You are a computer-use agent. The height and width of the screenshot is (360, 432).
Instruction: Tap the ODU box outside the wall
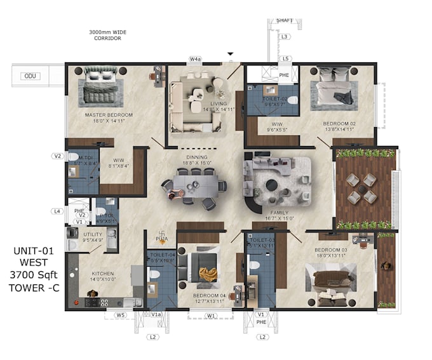coord(29,76)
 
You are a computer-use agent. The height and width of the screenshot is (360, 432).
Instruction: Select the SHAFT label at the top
coord(285,21)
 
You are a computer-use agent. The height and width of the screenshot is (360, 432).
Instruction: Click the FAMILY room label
coord(280,213)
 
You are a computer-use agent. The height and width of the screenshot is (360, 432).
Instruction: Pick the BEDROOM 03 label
coord(331,250)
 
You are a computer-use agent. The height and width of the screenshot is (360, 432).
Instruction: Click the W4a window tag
coord(195,59)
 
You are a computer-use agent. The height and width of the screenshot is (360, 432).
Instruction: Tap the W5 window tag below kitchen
coord(120,314)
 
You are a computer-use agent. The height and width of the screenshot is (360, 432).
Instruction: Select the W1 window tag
coord(210,314)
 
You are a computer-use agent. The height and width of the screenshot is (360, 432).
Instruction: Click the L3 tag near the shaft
coord(285,37)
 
